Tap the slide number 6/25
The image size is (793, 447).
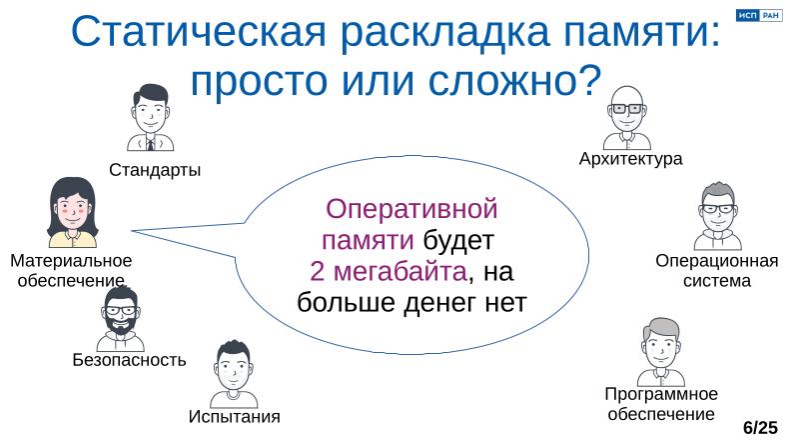pos(760,428)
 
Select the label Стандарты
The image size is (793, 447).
pos(155,170)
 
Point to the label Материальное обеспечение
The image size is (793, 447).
pos(71,270)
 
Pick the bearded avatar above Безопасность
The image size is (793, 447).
pos(121,319)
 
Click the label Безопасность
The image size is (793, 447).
pos(129,360)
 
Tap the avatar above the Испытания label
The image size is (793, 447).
pos(235,375)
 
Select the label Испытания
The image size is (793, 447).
pos(235,416)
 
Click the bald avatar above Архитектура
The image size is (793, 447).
pos(628,115)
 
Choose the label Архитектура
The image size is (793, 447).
pos(630,159)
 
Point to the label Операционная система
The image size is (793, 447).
pos(716,271)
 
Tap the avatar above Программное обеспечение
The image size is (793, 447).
pos(660,350)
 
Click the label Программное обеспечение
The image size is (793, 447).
pos(661,403)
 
